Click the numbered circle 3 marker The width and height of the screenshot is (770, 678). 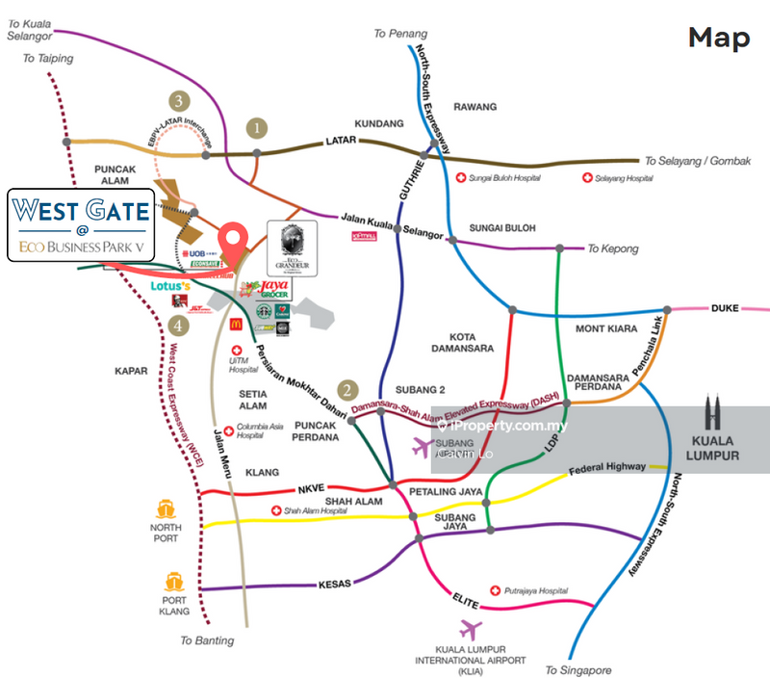click(x=177, y=100)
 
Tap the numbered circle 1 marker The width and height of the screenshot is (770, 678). click(x=256, y=126)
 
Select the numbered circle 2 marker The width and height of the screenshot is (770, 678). click(x=349, y=391)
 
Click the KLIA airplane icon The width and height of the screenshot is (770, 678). click(x=471, y=631)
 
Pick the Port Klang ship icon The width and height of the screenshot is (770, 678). click(x=174, y=581)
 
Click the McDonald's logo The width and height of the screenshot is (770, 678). click(x=236, y=326)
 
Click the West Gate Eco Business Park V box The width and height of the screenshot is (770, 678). click(x=81, y=225)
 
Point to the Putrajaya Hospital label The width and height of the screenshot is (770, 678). click(x=534, y=590)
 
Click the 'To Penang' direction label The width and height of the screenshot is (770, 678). click(x=400, y=34)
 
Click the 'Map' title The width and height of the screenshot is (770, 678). click(x=718, y=39)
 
